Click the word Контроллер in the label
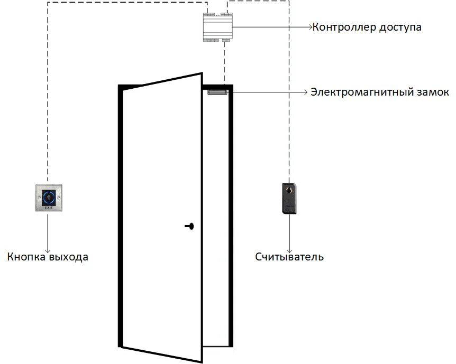coord(344,26)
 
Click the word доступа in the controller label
coord(400,26)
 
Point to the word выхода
coord(68,257)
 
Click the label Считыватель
coord(289,257)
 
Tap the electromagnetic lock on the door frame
coord(217,92)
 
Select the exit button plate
coord(49,199)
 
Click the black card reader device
coord(289,198)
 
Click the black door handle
coord(190,226)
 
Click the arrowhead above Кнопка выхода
coord(49,250)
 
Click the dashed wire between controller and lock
coord(225,63)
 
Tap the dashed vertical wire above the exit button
coord(48,106)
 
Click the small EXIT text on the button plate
coord(49,209)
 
